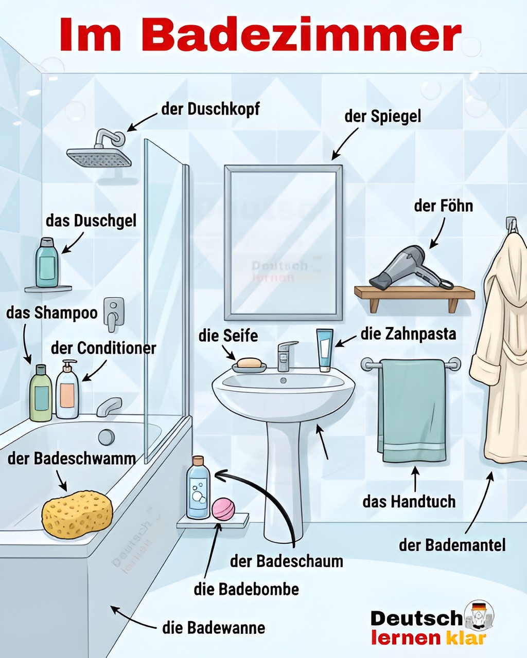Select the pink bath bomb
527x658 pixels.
click(223, 508)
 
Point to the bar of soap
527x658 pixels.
click(249, 363)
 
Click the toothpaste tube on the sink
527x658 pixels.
click(325, 350)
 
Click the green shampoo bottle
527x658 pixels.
click(41, 393)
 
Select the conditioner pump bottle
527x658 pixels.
click(67, 389)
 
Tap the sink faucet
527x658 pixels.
click(286, 356)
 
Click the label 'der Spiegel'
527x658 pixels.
click(383, 117)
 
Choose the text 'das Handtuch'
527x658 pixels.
click(409, 502)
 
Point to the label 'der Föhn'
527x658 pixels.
click(444, 206)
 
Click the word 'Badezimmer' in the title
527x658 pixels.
click(301, 35)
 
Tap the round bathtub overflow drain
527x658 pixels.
click(106, 437)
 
